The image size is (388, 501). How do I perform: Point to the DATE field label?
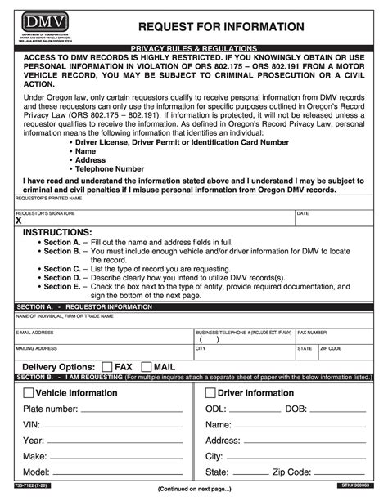302,213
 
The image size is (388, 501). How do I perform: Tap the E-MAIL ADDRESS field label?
35,333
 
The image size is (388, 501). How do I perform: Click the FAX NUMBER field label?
313,333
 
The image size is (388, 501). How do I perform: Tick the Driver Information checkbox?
209,393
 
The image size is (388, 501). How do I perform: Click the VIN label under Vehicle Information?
32,425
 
